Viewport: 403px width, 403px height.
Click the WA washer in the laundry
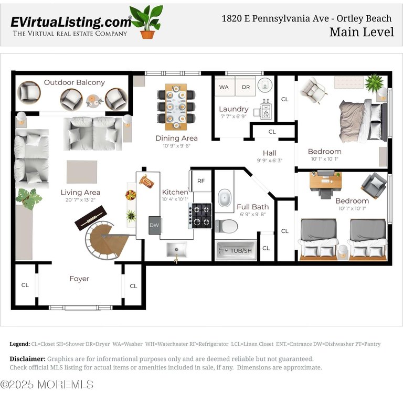(225, 87)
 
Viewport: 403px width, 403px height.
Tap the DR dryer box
(246, 87)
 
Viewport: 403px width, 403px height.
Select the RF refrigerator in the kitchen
(201, 181)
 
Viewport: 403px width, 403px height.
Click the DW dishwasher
(154, 225)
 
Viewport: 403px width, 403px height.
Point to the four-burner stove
(200, 216)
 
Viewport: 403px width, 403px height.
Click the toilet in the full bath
(227, 226)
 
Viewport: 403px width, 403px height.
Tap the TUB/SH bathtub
(236, 250)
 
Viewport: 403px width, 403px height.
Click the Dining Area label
(176, 139)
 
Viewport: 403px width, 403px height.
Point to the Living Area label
(80, 192)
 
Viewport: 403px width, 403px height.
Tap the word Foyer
(79, 279)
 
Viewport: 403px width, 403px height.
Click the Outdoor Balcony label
(75, 82)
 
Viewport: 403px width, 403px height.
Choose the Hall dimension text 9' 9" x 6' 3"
(270, 161)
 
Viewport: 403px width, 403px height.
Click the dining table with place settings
(176, 107)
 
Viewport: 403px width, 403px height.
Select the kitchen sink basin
(176, 249)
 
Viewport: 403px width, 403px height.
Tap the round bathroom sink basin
(225, 198)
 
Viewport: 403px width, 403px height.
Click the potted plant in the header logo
(147, 22)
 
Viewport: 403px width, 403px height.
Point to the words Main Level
(362, 32)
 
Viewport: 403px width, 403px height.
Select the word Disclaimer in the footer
(27, 359)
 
